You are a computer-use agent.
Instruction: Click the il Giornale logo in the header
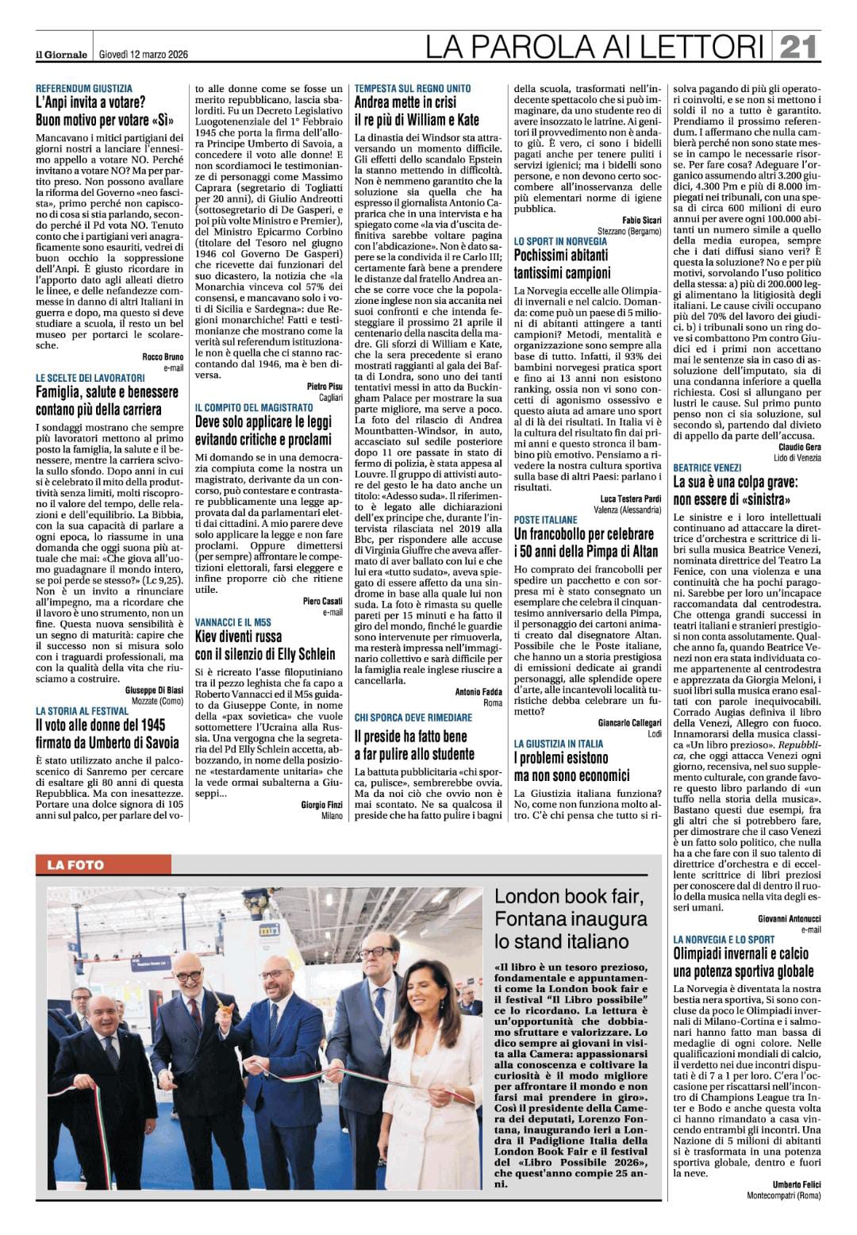click(x=60, y=54)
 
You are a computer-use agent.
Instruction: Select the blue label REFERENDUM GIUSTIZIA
click(x=84, y=88)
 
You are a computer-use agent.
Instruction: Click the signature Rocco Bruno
click(x=163, y=357)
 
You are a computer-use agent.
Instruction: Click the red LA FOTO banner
click(x=75, y=864)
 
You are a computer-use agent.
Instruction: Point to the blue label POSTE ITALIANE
click(x=546, y=520)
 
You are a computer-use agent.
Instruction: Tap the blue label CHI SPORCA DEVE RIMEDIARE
click(x=413, y=717)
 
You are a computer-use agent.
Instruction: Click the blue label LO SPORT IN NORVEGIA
click(x=559, y=240)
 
